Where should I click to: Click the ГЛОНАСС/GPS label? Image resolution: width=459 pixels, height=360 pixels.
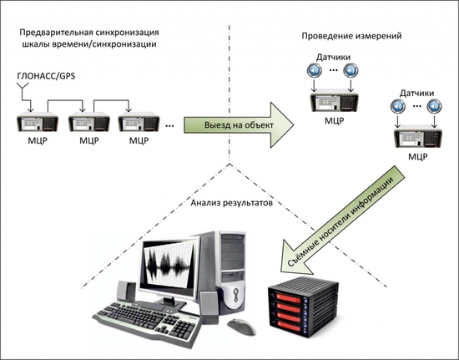click(x=46, y=77)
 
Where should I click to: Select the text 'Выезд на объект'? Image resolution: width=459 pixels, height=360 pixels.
click(x=239, y=125)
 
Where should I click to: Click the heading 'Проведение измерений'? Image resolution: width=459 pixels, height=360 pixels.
click(x=351, y=36)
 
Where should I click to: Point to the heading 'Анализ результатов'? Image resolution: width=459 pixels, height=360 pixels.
click(x=231, y=203)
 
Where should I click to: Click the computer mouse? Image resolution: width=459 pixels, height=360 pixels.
click(x=241, y=327)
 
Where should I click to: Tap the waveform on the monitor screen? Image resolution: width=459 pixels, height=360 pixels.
click(x=167, y=265)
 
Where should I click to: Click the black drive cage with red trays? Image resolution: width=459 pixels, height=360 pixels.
click(x=304, y=306)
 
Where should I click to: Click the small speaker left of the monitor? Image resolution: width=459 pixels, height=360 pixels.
click(x=126, y=291)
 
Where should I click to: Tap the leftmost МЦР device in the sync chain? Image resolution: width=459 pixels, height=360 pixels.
click(x=38, y=122)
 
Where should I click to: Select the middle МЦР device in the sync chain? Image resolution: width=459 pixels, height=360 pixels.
click(x=89, y=122)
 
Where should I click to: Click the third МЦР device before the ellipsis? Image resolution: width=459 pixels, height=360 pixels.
click(x=139, y=122)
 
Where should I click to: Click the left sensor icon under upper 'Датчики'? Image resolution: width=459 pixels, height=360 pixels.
click(x=314, y=71)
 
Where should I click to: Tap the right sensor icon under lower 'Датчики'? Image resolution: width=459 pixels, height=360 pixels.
click(x=435, y=107)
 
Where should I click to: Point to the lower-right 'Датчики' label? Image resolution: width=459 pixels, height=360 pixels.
click(x=416, y=94)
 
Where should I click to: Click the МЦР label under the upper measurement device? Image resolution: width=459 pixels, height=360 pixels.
click(x=335, y=120)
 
